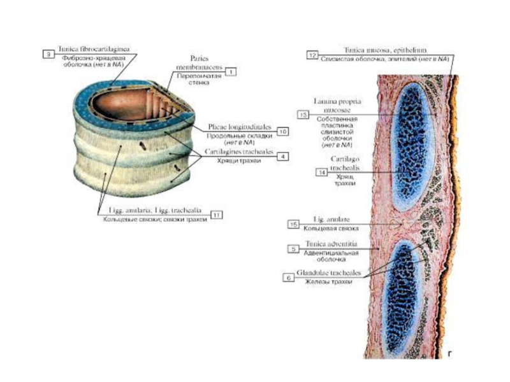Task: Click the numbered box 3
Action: (x=47, y=55)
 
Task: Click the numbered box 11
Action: (x=218, y=215)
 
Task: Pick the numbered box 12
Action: (x=312, y=55)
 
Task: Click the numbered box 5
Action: (x=293, y=250)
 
